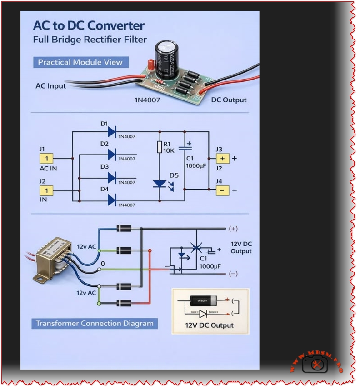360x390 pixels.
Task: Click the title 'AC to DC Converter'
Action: (x=89, y=25)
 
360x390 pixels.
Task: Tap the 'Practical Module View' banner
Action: (x=80, y=62)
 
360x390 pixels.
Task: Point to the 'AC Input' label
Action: (x=51, y=86)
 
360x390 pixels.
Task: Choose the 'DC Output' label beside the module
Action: (x=229, y=100)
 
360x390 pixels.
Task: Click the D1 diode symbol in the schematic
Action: (x=112, y=132)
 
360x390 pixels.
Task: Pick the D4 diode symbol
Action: (x=112, y=200)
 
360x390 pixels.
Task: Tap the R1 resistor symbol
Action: (x=159, y=147)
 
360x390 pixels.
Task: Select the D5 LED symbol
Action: (x=160, y=184)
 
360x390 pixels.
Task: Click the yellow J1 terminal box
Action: (x=47, y=158)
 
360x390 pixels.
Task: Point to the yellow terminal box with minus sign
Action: (x=222, y=190)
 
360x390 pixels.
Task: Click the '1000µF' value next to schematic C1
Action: (x=196, y=166)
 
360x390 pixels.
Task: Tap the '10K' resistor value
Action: (x=169, y=151)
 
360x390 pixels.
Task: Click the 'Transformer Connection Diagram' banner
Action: (x=95, y=324)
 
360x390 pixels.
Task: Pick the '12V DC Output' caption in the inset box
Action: (x=209, y=325)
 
